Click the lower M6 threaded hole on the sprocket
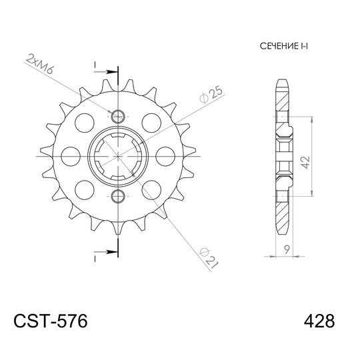(x=118, y=195)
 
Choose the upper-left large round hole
(x=85, y=122)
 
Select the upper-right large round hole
(x=151, y=122)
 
